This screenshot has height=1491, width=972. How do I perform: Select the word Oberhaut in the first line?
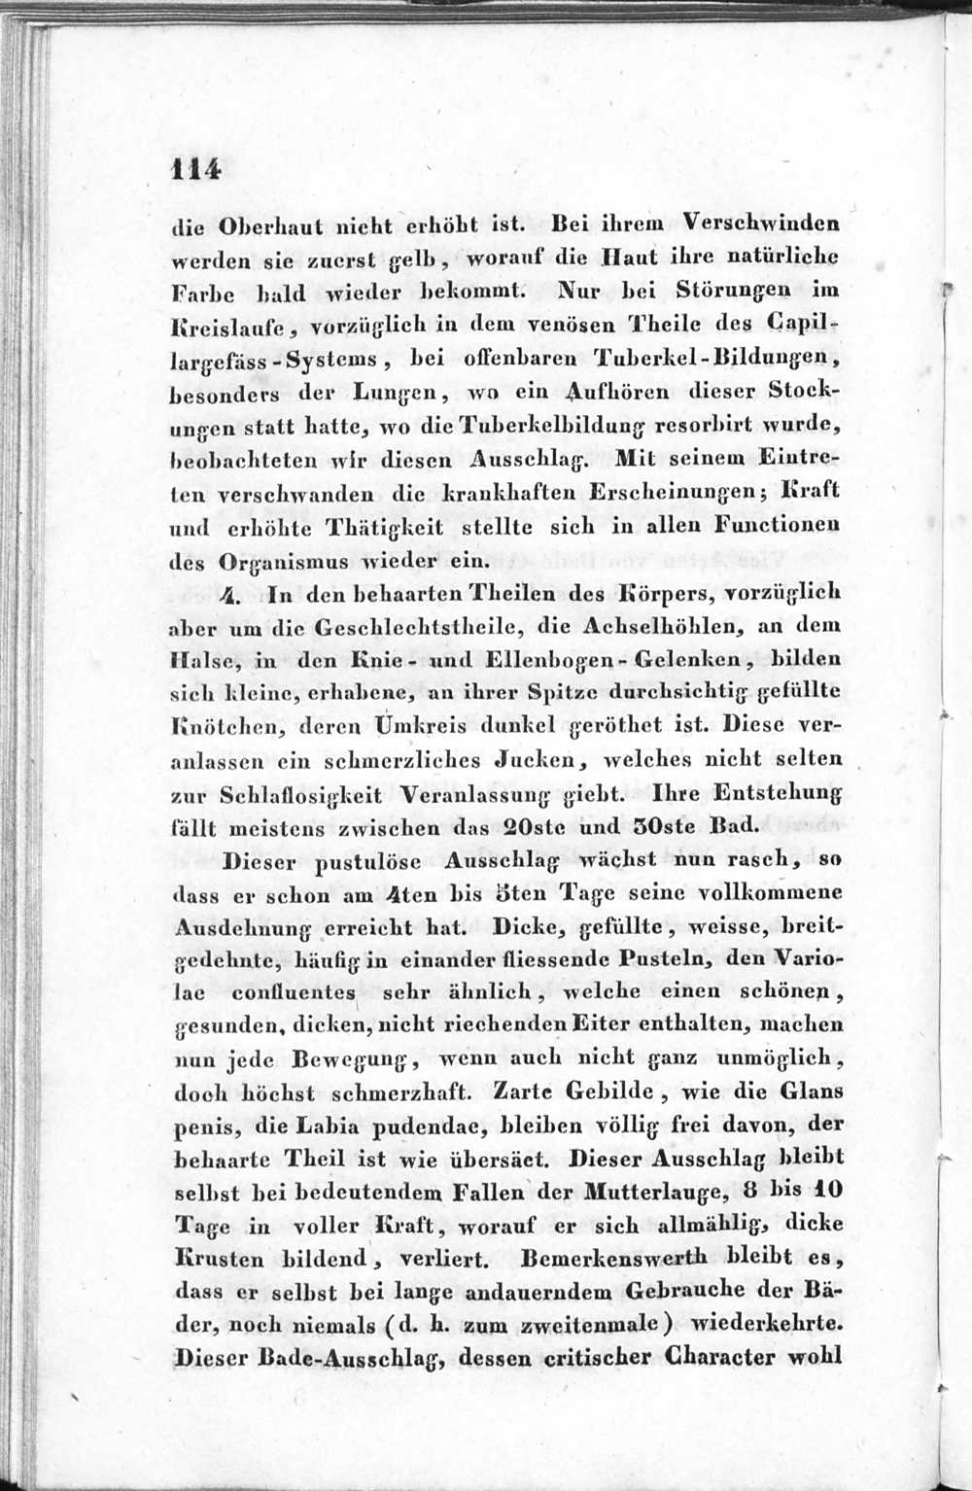(x=259, y=226)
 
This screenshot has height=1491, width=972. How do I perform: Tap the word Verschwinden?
(x=761, y=223)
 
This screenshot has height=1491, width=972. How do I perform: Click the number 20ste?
(x=537, y=828)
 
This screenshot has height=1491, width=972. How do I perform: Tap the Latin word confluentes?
(x=295, y=993)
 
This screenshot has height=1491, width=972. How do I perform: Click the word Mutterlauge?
(x=656, y=1192)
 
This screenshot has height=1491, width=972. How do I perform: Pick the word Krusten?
(x=220, y=1260)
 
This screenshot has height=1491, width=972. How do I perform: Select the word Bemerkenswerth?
(x=614, y=1258)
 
